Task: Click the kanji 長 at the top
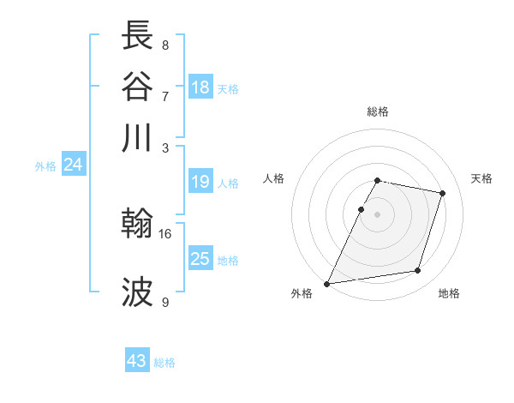[139, 36]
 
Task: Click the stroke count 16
[165, 233]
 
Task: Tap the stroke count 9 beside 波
[164, 302]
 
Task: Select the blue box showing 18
[200, 87]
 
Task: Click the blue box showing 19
[200, 182]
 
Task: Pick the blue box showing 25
[200, 259]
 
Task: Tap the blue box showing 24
[73, 165]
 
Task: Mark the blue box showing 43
[137, 361]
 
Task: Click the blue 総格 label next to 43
[164, 363]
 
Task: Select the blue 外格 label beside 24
[45, 166]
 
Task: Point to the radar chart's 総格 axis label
[378, 111]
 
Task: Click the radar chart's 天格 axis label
[482, 178]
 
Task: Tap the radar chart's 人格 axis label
[273, 178]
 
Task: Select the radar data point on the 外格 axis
[327, 283]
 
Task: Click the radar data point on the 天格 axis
[443, 193]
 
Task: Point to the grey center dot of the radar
[378, 214]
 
